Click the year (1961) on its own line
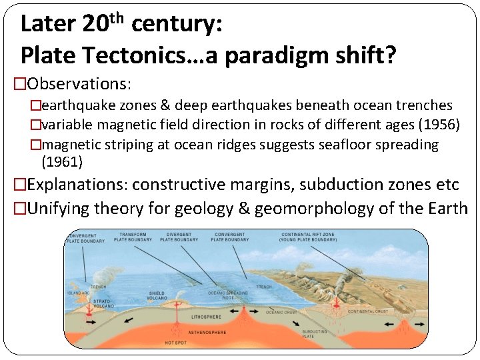tap(62, 161)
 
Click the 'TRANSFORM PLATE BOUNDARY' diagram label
tap(133, 237)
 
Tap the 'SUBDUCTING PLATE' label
tap(314, 334)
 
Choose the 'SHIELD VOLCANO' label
tap(157, 295)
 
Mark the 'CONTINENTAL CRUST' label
tap(367, 311)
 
